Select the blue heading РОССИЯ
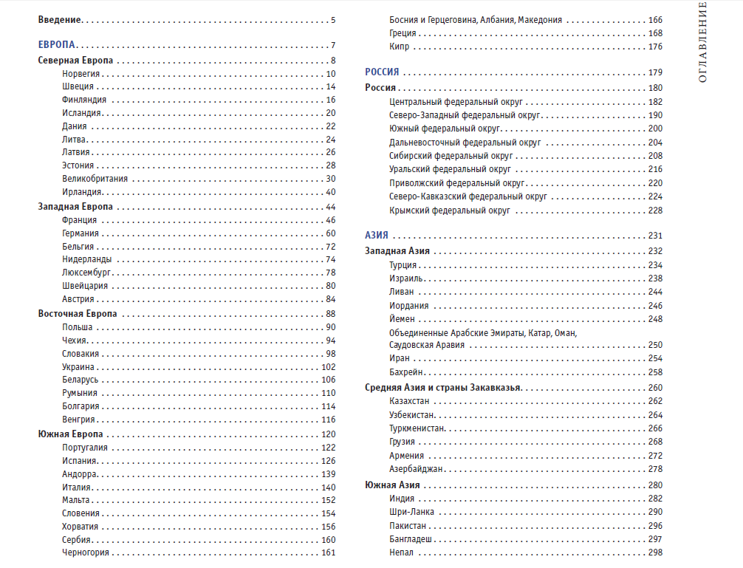(382, 72)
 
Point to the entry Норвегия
(81, 74)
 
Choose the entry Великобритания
(95, 179)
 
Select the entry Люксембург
(86, 273)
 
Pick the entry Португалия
(85, 448)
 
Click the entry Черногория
(86, 552)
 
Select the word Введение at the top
(60, 20)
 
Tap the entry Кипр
(399, 47)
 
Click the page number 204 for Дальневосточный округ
(655, 143)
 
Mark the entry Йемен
(402, 319)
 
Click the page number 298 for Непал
(655, 552)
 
